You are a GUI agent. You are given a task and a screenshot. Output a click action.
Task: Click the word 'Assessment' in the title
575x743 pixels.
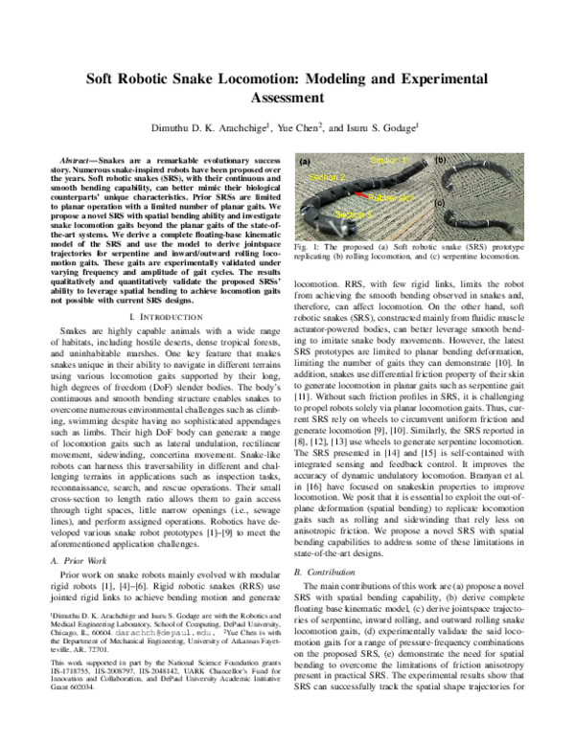click(287, 98)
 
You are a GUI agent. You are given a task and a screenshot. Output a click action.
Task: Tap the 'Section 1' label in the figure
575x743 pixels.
click(388, 159)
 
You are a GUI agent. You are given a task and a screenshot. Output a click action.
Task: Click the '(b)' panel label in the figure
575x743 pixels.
click(440, 159)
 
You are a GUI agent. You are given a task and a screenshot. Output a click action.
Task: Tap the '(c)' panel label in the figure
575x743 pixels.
click(440, 202)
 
